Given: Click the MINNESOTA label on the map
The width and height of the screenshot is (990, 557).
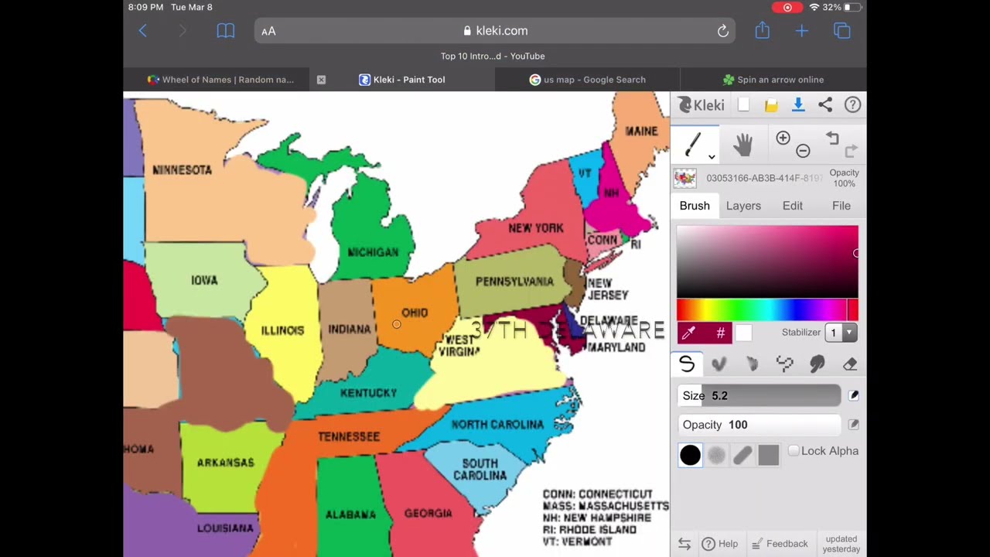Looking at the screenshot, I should (x=182, y=169).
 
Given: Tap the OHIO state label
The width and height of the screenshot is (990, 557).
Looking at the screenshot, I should (x=415, y=313).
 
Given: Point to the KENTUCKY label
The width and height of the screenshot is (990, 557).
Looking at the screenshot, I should (x=368, y=393).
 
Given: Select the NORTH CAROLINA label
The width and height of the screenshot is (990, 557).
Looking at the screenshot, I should (x=497, y=425).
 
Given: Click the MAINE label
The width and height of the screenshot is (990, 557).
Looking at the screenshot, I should (x=641, y=131).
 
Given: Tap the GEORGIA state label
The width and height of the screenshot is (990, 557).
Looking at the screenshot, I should (x=428, y=513).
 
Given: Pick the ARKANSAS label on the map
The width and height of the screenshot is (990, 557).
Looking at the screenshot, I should (x=225, y=463).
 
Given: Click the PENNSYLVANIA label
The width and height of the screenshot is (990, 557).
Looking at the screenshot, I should (x=514, y=282).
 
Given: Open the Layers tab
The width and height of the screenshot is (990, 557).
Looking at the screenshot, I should (x=743, y=206).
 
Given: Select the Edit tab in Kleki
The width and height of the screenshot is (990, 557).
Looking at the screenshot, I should (x=792, y=206).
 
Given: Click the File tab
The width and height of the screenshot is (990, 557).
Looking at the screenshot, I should (x=841, y=206).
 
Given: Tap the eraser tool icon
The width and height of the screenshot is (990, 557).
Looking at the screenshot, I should (x=850, y=364).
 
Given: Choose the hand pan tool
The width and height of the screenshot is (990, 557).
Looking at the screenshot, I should (x=742, y=145).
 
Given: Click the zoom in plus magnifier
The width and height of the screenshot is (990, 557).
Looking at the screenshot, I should (x=783, y=138).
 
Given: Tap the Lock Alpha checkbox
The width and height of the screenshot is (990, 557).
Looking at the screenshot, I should (x=794, y=451).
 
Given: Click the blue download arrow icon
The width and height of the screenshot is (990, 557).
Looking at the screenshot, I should (x=798, y=105).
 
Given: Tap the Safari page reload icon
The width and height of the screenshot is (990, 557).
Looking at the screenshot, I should (x=722, y=31).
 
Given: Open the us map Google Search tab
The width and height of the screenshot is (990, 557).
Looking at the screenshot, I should (x=587, y=80).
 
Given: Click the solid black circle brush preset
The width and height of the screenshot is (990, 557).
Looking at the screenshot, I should (x=690, y=455).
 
